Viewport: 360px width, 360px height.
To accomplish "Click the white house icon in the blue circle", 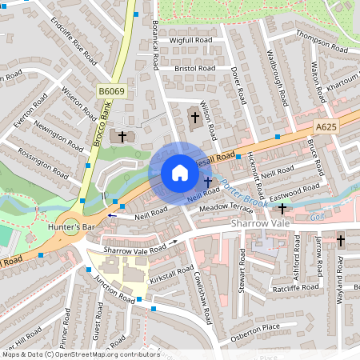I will (180, 173).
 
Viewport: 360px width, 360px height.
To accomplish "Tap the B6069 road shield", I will (112, 93).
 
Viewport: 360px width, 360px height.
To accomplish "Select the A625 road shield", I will (326, 126).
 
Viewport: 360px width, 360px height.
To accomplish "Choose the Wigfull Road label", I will (190, 39).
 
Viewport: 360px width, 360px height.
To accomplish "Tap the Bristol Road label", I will (196, 69).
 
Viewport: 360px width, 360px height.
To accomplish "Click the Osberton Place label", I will (255, 326).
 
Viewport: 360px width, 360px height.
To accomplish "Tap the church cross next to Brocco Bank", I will (122, 136).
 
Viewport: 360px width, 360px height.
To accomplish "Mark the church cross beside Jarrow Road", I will (340, 239).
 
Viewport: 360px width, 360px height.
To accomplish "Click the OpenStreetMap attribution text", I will (80, 354).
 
